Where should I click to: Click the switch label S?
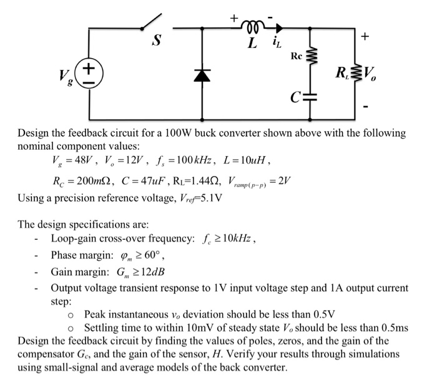[157, 42]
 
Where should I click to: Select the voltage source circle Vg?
[89, 73]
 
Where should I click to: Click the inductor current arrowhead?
[278, 27]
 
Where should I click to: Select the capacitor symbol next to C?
[311, 97]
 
